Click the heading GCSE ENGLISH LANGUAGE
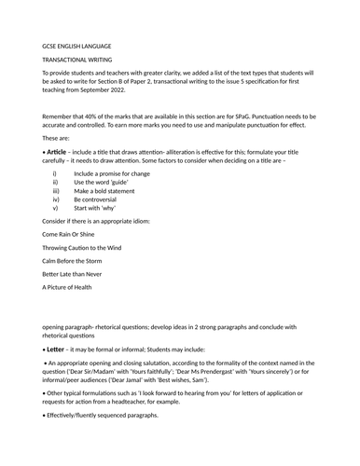coord(78,45)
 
